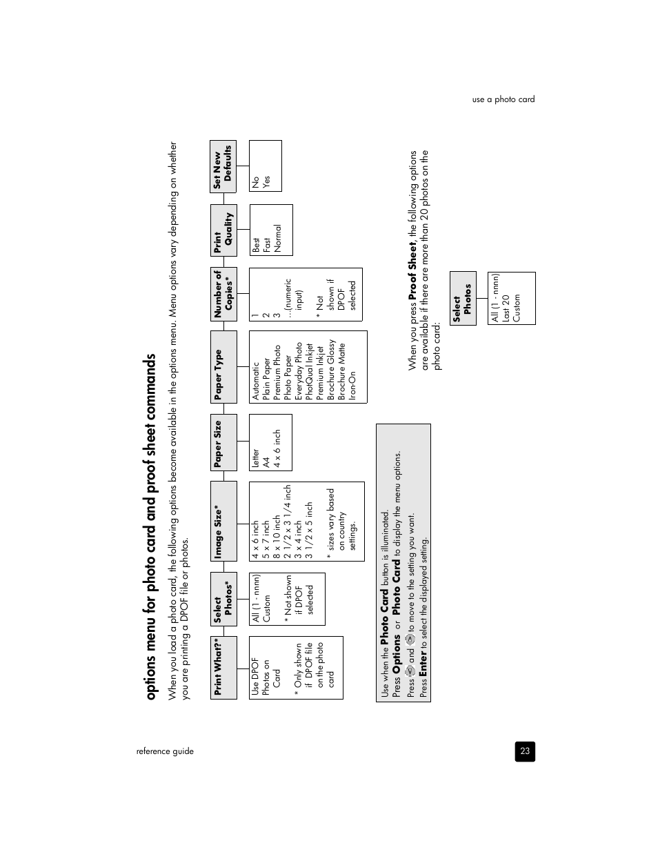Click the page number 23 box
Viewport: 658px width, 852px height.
pyautogui.click(x=525, y=751)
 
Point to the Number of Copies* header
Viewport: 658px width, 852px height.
pyautogui.click(x=223, y=294)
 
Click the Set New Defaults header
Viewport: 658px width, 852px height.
pyautogui.click(x=223, y=166)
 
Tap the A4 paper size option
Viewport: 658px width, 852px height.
pyautogui.click(x=266, y=459)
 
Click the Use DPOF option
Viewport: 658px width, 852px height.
pyautogui.click(x=255, y=676)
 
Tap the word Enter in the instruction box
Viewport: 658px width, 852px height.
pyautogui.click(x=423, y=662)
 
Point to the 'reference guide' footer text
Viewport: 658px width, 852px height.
pyautogui.click(x=165, y=751)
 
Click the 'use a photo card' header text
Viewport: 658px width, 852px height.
pyautogui.click(x=504, y=99)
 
